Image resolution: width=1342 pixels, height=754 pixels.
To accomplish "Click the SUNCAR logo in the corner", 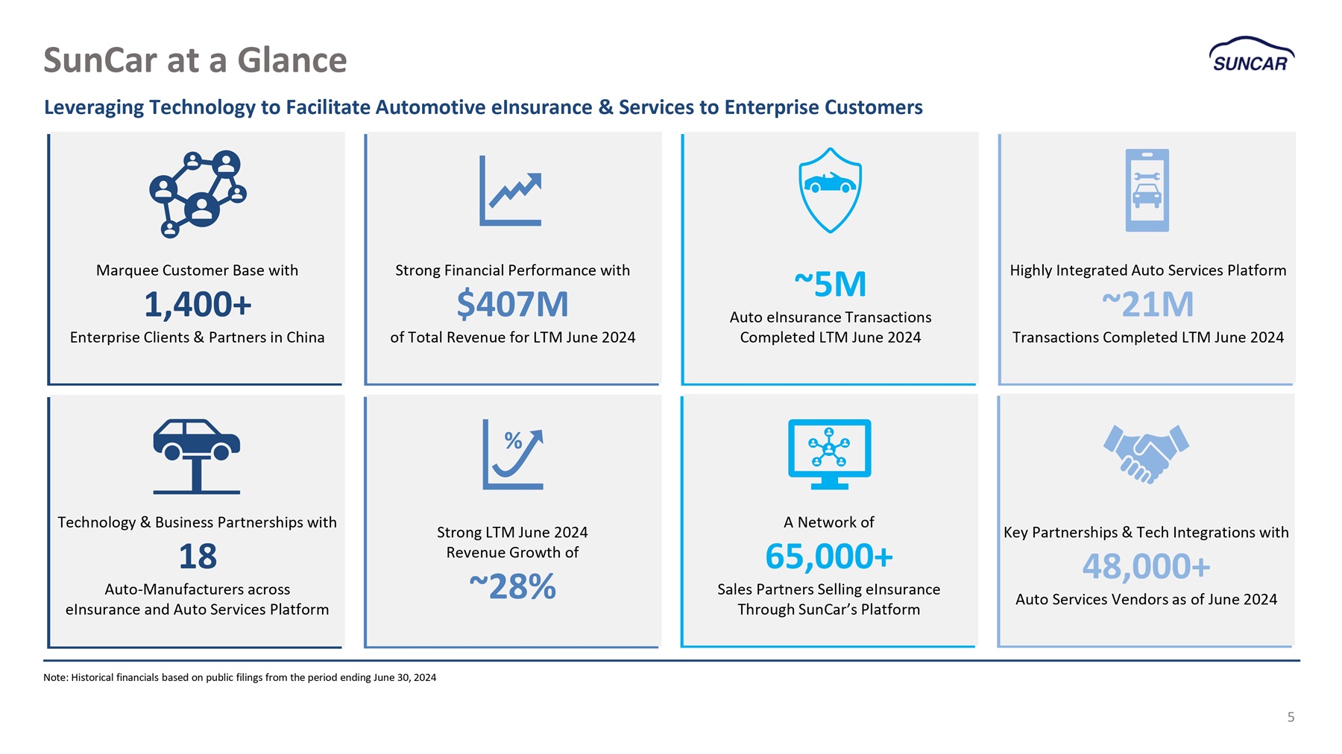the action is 1251,54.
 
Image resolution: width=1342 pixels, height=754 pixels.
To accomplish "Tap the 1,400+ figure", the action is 198,304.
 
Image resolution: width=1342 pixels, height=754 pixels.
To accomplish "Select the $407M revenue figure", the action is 512,304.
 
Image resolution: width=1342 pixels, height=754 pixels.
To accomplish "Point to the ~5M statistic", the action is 830,284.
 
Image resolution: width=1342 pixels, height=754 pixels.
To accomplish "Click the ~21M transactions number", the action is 1147,304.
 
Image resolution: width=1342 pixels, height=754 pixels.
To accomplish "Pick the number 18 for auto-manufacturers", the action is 198,556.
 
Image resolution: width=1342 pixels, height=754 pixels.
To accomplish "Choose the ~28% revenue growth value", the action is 512,586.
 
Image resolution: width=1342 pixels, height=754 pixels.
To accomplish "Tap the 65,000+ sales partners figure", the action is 829,556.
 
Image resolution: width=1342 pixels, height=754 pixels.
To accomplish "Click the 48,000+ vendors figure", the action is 1146,566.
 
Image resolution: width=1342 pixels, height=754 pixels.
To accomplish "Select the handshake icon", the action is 1146,454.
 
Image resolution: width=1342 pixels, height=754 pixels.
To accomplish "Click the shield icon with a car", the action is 830,190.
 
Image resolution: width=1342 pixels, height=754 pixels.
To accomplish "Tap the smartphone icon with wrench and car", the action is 1147,190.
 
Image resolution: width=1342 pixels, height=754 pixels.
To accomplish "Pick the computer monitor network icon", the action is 830,454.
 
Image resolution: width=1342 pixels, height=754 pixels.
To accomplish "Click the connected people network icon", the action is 198,194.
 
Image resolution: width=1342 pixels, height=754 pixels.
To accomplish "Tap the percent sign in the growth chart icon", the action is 513,441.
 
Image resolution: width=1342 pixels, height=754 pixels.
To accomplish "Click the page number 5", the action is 1291,717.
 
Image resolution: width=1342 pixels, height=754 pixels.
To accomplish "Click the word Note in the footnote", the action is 54,677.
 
